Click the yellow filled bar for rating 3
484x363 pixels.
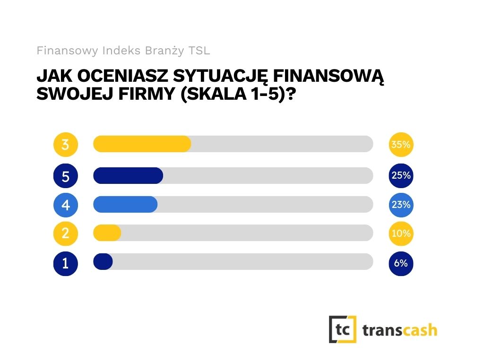142,144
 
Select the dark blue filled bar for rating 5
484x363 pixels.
128,176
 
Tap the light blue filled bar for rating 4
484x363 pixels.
125,205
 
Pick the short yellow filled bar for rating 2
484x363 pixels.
107,233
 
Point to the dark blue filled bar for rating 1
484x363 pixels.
103,262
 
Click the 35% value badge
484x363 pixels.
401,145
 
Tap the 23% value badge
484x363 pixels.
401,205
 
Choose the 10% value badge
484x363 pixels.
401,233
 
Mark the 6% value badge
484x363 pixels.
401,263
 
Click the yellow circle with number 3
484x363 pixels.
65,145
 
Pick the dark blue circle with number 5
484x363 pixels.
65,176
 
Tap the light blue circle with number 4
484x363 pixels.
65,205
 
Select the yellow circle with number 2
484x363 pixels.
65,233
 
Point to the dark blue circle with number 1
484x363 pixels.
65,263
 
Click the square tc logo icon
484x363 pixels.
343,329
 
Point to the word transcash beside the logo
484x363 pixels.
400,330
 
